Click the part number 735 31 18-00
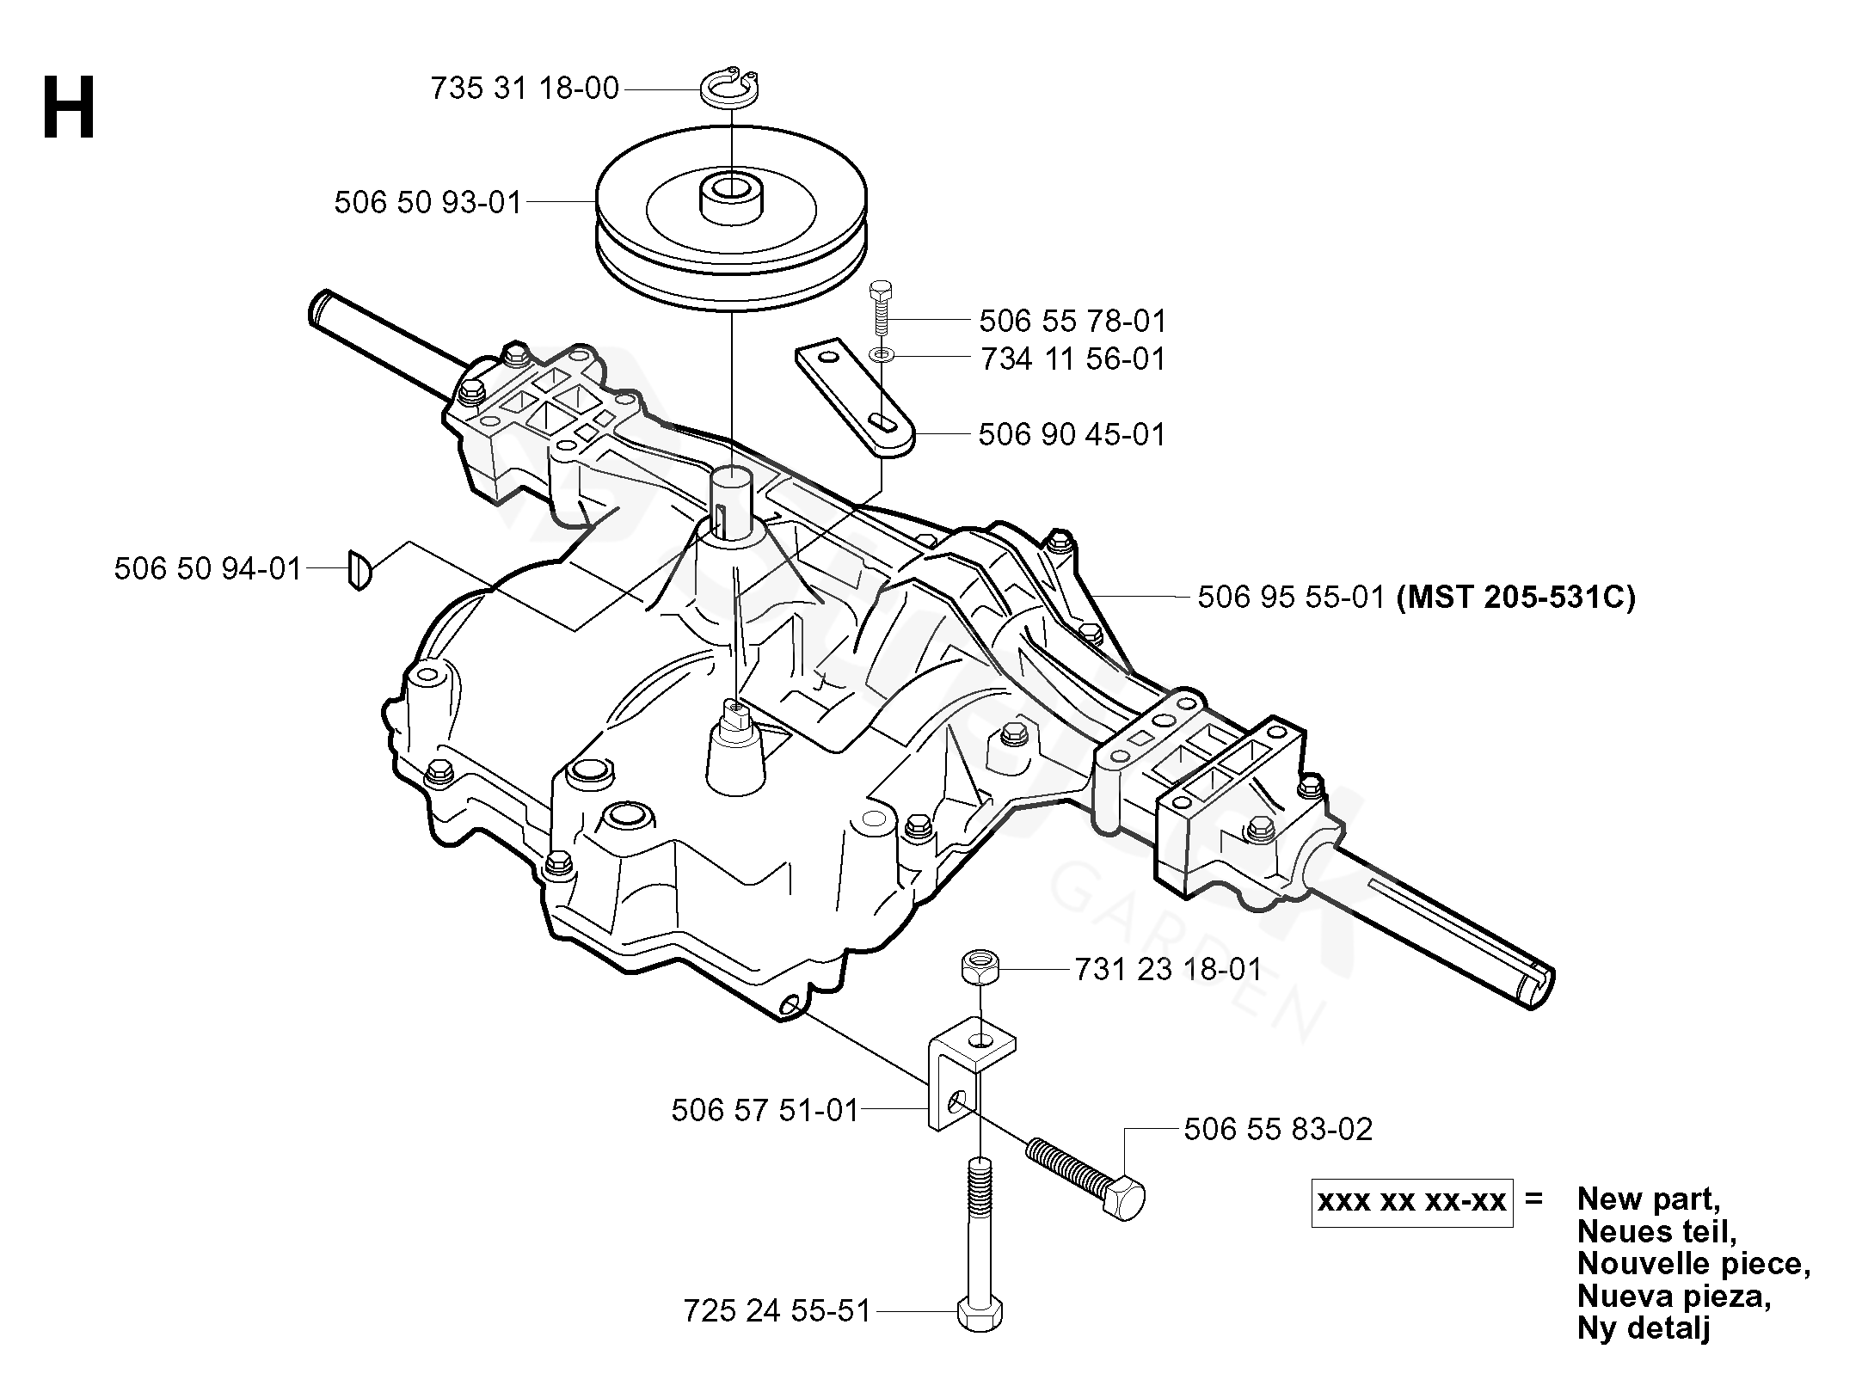pos(525,89)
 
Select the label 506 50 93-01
pos(428,203)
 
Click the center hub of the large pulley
pos(731,198)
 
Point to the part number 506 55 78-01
pos(1072,322)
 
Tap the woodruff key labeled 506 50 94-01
pos(359,569)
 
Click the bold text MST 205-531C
pos(1515,597)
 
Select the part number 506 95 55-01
pos(1291,597)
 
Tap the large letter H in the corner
pos(69,107)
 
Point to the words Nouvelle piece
pos(1694,1263)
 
